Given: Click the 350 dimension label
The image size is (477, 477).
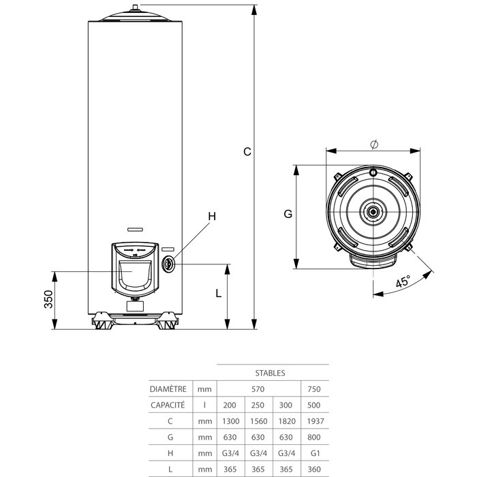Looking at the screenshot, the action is click(48, 299).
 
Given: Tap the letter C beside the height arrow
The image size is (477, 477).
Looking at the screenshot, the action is click(247, 151).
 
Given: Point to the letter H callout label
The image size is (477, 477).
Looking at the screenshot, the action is click(212, 216).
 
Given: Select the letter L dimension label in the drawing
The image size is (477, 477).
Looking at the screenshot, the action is click(219, 293).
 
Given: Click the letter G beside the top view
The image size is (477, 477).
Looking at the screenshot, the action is click(288, 214).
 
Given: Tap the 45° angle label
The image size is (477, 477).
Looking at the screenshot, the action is click(403, 281).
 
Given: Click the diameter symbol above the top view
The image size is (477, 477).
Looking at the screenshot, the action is click(375, 144).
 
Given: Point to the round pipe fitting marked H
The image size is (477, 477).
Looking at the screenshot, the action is click(168, 264).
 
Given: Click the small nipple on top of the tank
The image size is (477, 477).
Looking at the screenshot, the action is click(135, 7).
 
